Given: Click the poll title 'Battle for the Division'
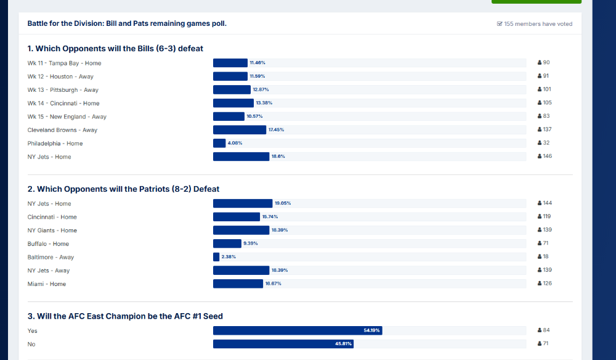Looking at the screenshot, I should pos(127,23).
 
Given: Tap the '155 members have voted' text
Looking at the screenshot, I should pos(538,24).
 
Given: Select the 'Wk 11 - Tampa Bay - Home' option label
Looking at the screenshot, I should pos(64,63).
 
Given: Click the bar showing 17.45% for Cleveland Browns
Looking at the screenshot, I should pos(240,130).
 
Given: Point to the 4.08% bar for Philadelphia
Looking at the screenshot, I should pos(219,144).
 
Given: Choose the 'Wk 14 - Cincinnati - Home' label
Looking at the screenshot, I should pos(63,104).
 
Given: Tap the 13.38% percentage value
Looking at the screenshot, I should pos(264,103).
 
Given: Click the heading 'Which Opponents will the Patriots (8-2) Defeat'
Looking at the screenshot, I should pos(123,189).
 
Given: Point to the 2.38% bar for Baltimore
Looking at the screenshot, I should pos(216,257).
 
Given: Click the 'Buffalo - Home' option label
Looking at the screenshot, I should pos(48,244).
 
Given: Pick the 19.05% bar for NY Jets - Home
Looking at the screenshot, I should pos(243,203).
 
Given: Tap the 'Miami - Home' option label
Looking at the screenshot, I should pos(47,284).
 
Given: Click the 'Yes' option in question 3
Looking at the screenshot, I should pos(33,331).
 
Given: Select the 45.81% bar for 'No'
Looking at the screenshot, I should pos(283,344).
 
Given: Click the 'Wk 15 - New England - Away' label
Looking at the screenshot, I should pos(67,117).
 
